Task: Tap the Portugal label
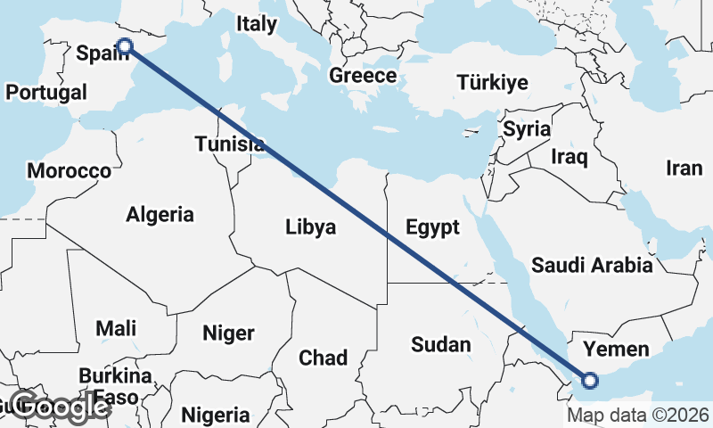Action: tap(45, 92)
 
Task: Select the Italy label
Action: tap(257, 25)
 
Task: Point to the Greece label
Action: tap(363, 76)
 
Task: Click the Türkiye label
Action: tap(492, 83)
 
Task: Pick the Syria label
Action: tap(527, 128)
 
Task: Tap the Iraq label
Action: tap(570, 158)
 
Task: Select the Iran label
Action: tap(684, 168)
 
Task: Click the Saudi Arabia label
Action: tap(592, 265)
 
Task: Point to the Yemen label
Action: tap(616, 349)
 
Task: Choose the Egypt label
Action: tap(432, 226)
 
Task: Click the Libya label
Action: tap(311, 226)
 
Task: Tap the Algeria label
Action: tap(160, 214)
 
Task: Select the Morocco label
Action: tap(69, 170)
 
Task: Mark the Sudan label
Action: tap(440, 343)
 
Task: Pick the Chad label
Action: tap(323, 358)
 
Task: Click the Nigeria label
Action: tap(216, 415)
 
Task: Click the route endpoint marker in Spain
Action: tap(125, 46)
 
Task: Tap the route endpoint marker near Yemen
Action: tap(588, 381)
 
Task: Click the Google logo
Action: tap(60, 406)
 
